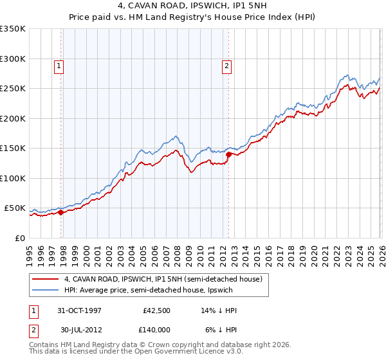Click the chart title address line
pos(192,6)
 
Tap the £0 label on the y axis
pos(20,238)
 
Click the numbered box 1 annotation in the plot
pos(59,65)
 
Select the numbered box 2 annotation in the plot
pos(227,65)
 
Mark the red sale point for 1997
pos(61,212)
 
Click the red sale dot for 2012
pos(228,154)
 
